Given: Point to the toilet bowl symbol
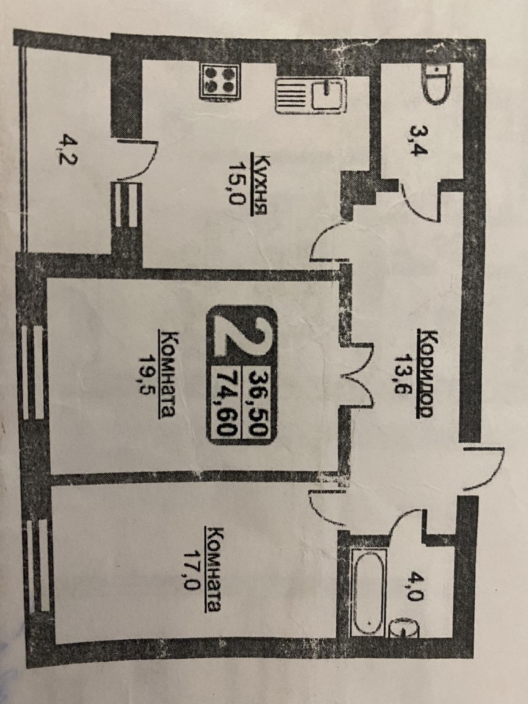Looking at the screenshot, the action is click(436, 84).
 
